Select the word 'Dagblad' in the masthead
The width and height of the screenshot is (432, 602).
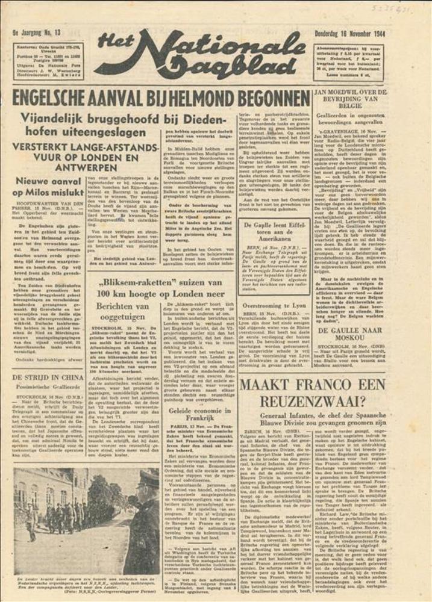pos(205,69)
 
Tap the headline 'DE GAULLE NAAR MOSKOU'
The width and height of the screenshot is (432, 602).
pos(365,335)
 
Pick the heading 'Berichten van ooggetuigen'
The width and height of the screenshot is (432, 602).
pos(122,312)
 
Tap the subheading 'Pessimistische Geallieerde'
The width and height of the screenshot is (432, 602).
pos(49,388)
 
